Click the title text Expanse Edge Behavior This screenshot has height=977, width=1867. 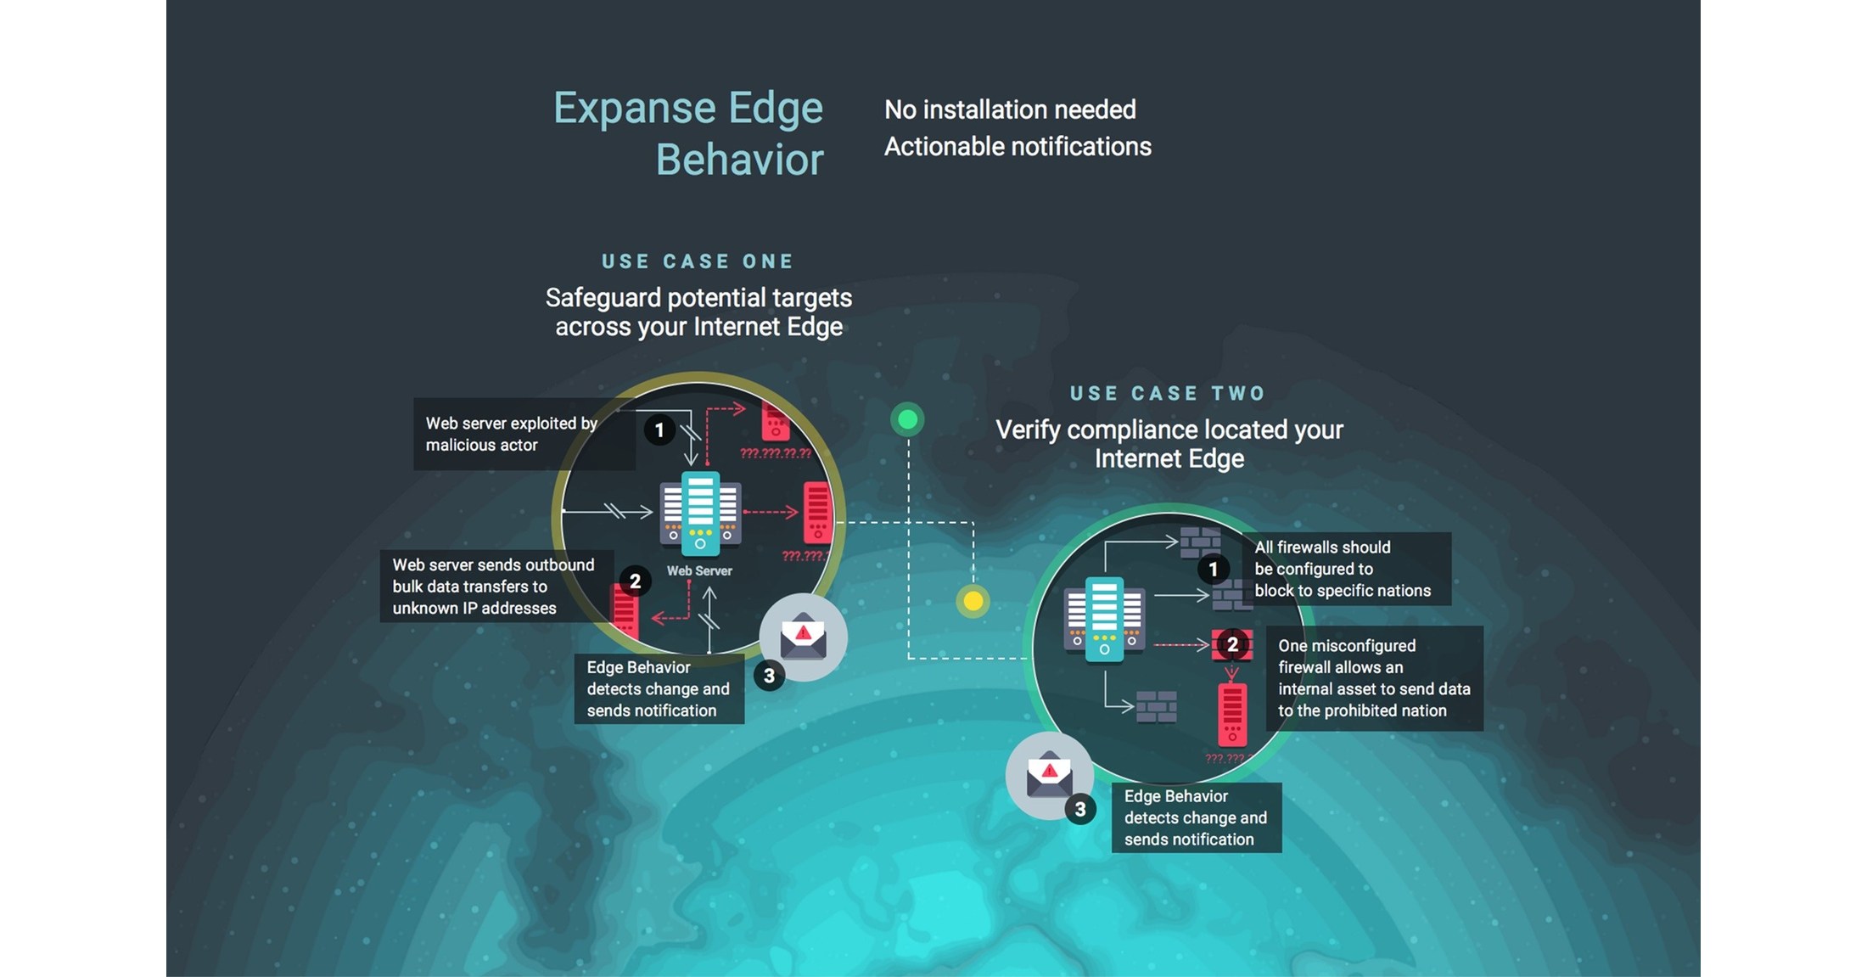click(x=688, y=133)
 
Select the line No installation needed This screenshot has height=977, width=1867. click(x=1010, y=109)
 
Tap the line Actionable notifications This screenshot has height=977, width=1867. click(x=1018, y=147)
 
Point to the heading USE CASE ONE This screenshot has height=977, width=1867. click(x=698, y=261)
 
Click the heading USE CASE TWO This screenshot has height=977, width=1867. click(x=1168, y=394)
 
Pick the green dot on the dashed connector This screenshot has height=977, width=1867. click(x=907, y=419)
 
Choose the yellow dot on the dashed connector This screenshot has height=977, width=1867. click(x=973, y=602)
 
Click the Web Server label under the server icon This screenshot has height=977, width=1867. click(x=699, y=571)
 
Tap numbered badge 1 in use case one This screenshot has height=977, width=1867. click(x=659, y=430)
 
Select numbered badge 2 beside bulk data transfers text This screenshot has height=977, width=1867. click(x=635, y=581)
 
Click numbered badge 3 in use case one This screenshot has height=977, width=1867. click(x=769, y=676)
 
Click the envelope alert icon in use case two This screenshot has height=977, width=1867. click(x=1049, y=775)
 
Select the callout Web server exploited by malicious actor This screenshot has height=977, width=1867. click(x=512, y=434)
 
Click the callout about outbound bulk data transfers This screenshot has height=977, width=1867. click(x=493, y=587)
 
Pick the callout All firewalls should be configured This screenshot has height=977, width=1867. click(x=1343, y=569)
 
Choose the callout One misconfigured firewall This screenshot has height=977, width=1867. click(x=1373, y=678)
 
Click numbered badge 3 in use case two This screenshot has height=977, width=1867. click(x=1079, y=810)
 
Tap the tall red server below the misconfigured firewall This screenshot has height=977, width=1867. click(x=1232, y=715)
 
